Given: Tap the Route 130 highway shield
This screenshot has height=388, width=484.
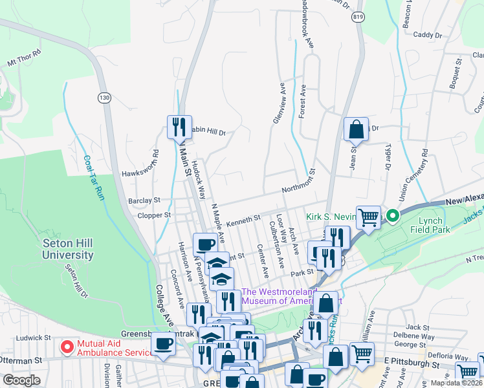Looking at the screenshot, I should click(x=104, y=98).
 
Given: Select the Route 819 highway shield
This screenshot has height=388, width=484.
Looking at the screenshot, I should click(x=358, y=18).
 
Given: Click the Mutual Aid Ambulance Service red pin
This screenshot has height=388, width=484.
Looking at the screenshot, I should click(x=67, y=347).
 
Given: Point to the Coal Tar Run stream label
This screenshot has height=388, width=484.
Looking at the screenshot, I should click(x=94, y=177).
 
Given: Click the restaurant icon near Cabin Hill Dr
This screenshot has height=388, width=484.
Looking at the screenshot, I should click(x=178, y=126).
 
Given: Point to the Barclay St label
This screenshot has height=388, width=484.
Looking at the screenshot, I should click(x=144, y=200).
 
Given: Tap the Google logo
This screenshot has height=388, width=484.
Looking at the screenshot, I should click(x=21, y=380).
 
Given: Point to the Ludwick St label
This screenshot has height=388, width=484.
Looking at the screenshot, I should click(x=33, y=338).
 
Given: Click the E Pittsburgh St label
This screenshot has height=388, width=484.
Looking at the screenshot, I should click(x=412, y=365).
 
